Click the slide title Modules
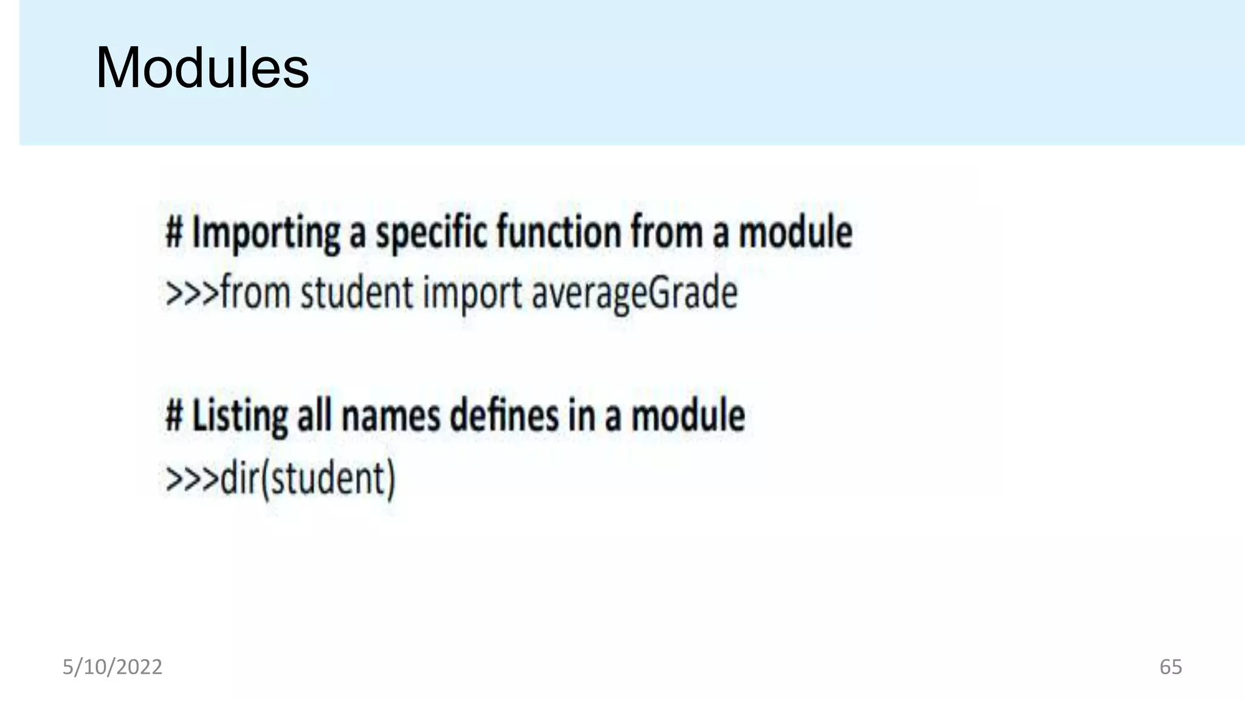coord(202,68)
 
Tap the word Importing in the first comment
coord(266,232)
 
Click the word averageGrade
coord(634,293)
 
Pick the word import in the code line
coord(472,293)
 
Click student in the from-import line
coord(357,293)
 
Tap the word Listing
coord(240,416)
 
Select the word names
coord(390,416)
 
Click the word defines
coord(504,416)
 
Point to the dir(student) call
coord(308,478)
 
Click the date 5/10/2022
coord(112,667)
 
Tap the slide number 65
coord(1170,667)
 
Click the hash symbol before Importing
coord(174,232)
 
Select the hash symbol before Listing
coord(174,416)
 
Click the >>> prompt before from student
coord(191,293)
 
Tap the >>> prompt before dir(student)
coord(191,478)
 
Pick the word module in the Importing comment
coord(795,232)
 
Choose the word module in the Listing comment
coord(688,416)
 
